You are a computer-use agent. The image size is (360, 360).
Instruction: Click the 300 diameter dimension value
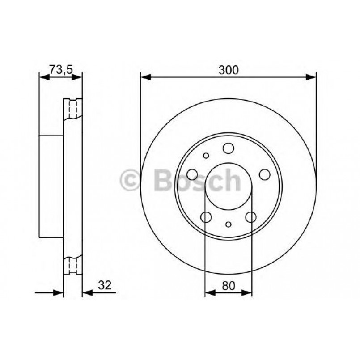point(229,70)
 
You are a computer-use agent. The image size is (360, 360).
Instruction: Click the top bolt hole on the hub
point(229,148)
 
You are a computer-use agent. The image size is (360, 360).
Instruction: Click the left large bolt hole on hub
point(192,174)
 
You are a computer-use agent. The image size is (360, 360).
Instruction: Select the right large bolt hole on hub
point(265,174)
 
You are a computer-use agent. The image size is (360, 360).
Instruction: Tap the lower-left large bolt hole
point(206,217)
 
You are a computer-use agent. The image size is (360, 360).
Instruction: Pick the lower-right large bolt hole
point(251,217)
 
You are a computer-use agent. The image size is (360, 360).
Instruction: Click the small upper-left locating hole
point(206,156)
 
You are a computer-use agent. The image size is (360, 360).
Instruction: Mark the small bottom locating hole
point(229,224)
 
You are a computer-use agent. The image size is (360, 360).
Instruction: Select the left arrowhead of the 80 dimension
point(209,293)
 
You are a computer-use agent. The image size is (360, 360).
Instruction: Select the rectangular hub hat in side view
point(51,186)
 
